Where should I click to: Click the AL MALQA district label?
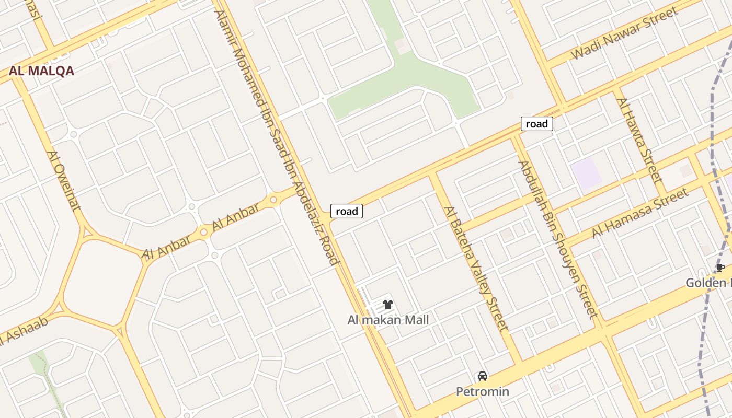[x=41, y=71]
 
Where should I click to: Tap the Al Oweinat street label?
[x=64, y=180]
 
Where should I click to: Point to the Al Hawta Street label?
[x=639, y=141]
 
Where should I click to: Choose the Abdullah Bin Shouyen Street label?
[x=557, y=239]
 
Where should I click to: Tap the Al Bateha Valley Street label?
[x=476, y=269]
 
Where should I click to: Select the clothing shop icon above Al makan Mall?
[x=387, y=305]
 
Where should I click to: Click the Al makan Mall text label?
[x=388, y=320]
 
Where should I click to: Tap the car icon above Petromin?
[x=482, y=376]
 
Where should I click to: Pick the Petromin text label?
[x=482, y=391]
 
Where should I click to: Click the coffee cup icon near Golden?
[x=720, y=268]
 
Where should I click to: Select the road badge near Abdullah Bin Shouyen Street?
[x=536, y=124]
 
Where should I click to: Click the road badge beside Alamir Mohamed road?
[x=347, y=211]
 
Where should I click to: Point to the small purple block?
[x=586, y=173]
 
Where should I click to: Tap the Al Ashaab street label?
[x=24, y=331]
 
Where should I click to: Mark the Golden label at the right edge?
[x=708, y=283]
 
